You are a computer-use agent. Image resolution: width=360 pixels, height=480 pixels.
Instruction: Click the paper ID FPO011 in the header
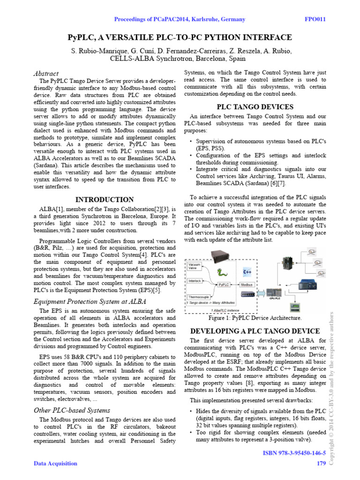coord(315,19)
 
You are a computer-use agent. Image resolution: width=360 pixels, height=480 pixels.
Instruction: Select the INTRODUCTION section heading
coord(105,200)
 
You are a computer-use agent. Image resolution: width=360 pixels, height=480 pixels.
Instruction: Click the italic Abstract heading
coord(46,74)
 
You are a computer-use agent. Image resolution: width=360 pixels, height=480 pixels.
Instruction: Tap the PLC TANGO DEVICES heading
coord(255,107)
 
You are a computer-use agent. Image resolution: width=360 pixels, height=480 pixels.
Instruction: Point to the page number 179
coord(321,464)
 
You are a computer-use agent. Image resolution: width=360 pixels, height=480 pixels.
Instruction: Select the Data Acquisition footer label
coord(55,464)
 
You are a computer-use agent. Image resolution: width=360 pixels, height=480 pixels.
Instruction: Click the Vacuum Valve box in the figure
coord(195,267)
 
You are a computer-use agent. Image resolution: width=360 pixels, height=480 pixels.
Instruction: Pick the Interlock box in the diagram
coord(195,281)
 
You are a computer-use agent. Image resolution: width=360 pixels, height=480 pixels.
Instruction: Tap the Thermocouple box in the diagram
coord(199,297)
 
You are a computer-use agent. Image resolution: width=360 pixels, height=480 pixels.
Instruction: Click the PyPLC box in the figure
coord(224,285)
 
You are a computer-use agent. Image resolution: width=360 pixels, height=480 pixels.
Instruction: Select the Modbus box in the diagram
coord(247,285)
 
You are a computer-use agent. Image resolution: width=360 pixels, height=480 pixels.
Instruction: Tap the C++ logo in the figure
coord(247,272)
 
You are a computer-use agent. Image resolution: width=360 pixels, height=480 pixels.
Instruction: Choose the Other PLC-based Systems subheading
coord(72,410)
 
